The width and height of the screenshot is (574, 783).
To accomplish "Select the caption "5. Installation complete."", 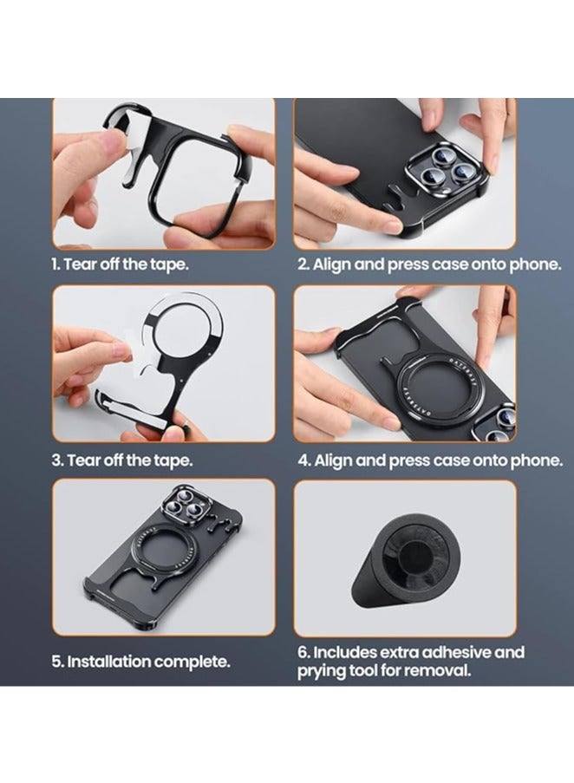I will coord(140,662).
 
